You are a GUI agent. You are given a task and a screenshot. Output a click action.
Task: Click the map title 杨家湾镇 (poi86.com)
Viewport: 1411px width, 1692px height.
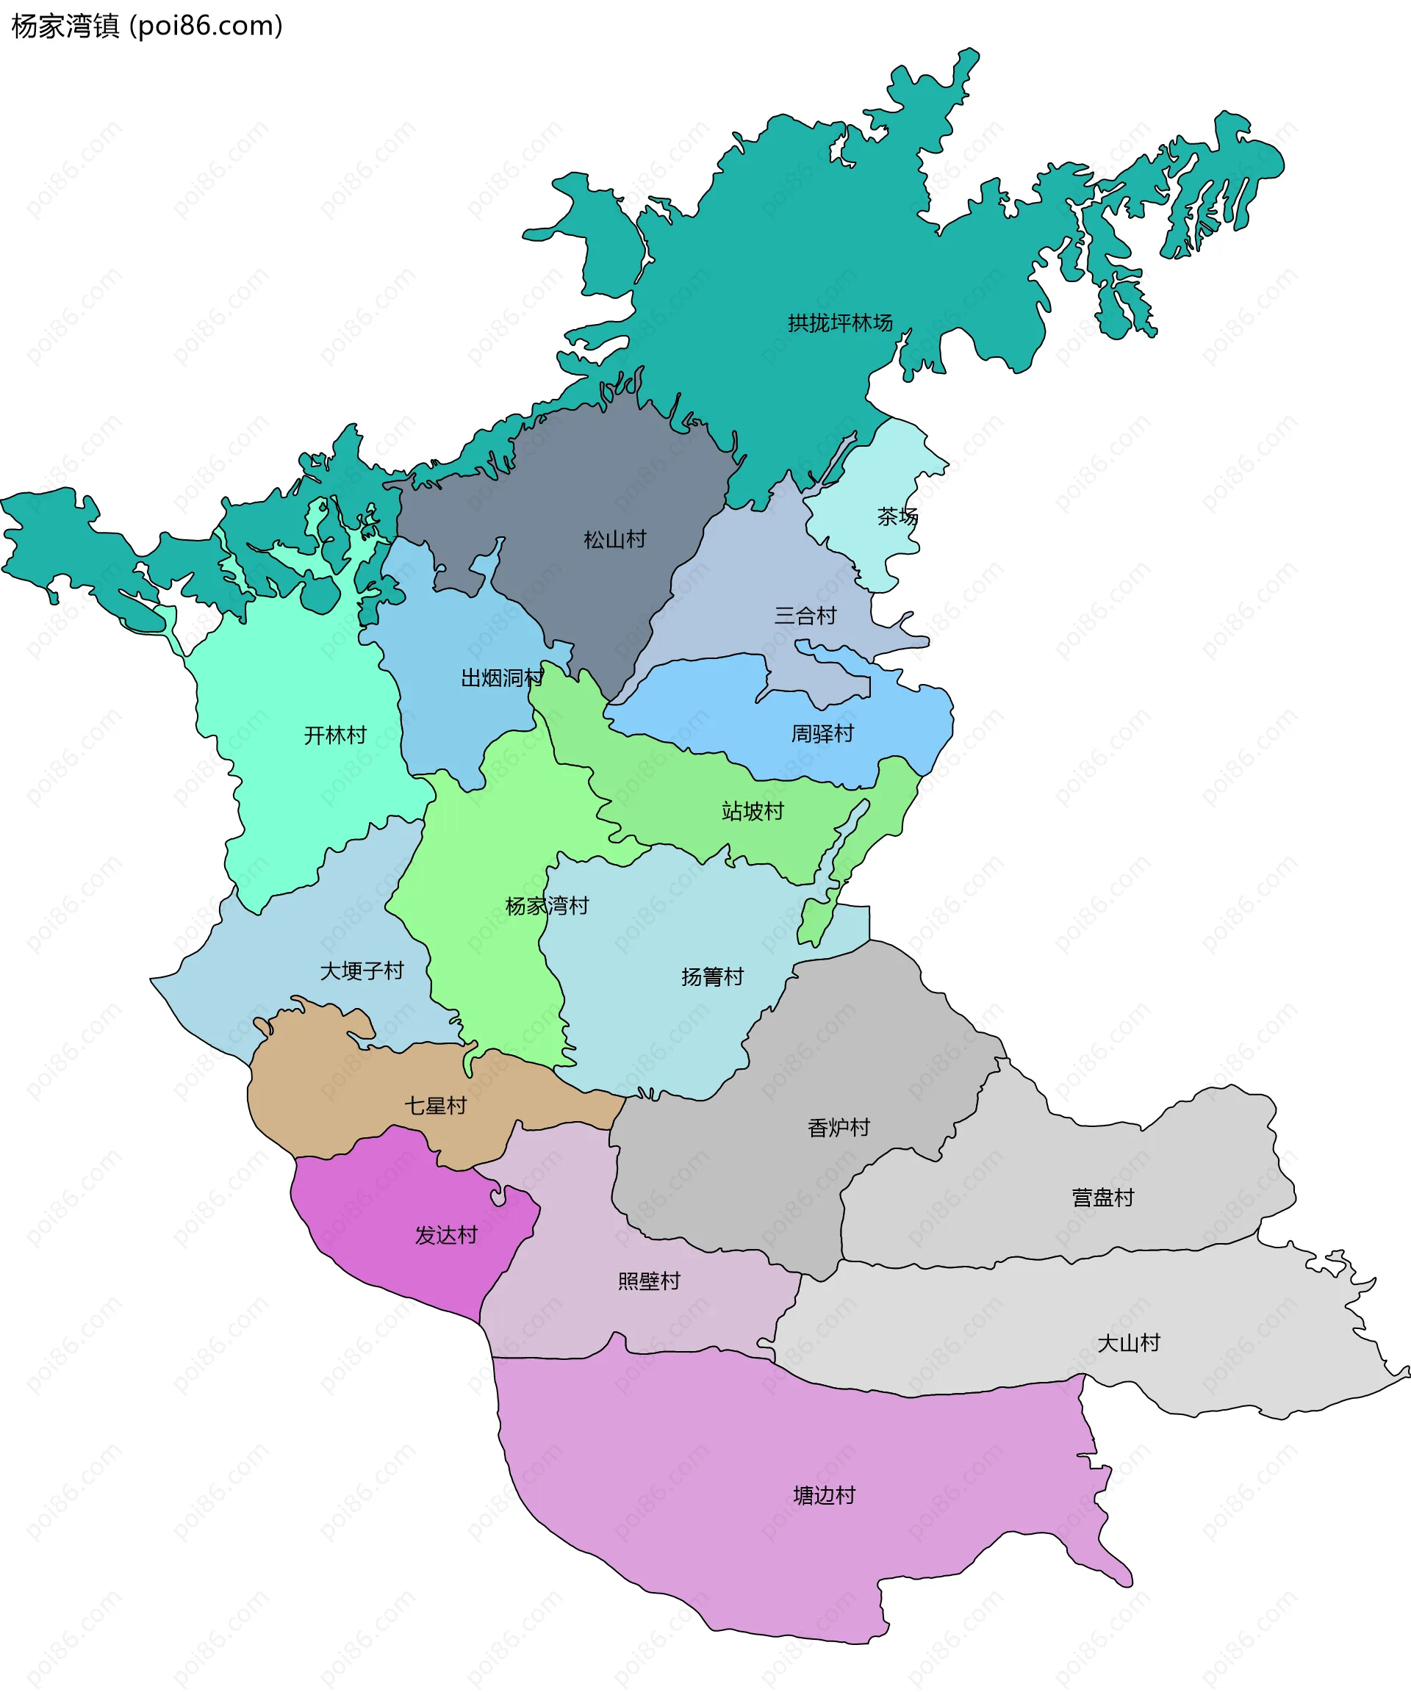[x=147, y=26]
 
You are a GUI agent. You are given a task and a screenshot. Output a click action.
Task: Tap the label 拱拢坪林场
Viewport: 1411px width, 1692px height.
[x=840, y=323]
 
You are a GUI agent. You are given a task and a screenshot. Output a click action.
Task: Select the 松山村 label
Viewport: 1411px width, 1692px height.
[x=614, y=539]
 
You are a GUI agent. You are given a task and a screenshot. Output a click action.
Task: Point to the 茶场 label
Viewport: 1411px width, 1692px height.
[x=897, y=516]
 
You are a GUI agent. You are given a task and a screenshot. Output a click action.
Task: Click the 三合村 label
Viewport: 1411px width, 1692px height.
[x=805, y=616]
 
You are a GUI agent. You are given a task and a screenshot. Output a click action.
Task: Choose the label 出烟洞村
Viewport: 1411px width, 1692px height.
[x=502, y=677]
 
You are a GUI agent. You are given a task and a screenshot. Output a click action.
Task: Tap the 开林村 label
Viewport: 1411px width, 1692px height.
[x=334, y=735]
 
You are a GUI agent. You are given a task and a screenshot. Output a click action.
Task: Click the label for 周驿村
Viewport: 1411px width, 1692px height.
[x=822, y=733]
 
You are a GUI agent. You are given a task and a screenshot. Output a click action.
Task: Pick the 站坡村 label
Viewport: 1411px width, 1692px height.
[x=753, y=810]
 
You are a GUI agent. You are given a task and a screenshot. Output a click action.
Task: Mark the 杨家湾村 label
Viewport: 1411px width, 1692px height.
[x=546, y=906]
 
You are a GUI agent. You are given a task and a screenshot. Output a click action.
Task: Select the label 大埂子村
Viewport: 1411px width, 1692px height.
[x=362, y=971]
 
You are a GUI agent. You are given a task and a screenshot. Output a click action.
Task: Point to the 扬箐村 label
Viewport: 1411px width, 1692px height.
[x=712, y=976]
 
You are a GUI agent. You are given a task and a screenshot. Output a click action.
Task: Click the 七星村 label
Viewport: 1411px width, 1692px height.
[x=435, y=1106]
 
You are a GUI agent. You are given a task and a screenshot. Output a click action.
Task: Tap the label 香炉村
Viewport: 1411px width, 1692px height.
[x=839, y=1127]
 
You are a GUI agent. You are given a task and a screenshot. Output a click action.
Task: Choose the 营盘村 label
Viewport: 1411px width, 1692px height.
[x=1102, y=1198]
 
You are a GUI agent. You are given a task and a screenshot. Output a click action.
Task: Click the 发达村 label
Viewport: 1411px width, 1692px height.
[x=445, y=1235]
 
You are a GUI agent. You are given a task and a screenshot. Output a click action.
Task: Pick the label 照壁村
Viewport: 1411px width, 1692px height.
[x=649, y=1281]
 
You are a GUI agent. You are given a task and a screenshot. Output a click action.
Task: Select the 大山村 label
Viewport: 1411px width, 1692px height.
[x=1128, y=1343]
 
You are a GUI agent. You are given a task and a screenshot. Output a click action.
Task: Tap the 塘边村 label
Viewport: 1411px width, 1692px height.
[x=824, y=1495]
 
